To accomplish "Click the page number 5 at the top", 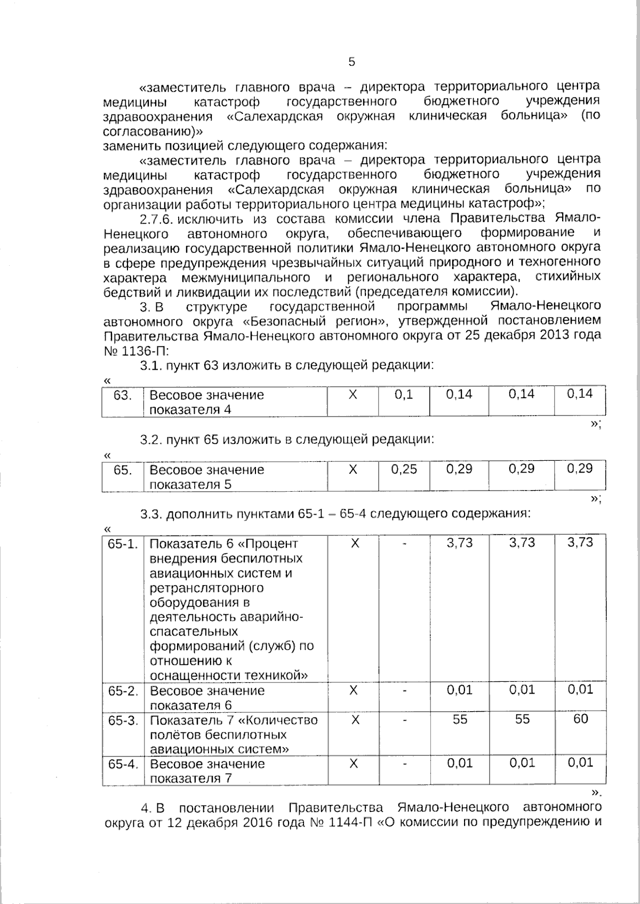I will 351,62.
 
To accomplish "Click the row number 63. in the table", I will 123,395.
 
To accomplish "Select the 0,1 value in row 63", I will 404,395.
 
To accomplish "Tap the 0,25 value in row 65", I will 404,469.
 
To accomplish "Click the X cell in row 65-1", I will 353,543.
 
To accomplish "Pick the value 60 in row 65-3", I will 580,719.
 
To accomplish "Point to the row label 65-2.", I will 123,691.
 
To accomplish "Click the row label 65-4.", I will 123,764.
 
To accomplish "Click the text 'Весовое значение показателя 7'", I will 207,771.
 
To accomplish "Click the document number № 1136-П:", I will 136,351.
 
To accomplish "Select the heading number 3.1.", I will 150,365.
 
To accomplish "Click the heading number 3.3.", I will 150,515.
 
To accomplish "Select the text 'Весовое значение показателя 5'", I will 207,477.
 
